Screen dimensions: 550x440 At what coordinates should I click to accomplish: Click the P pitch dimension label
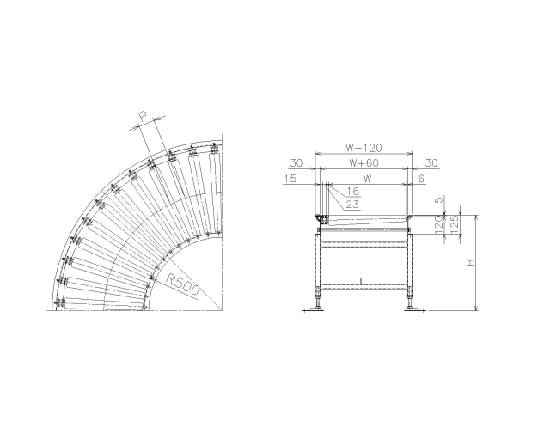click(x=143, y=116)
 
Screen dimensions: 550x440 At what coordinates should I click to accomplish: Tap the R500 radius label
click(x=182, y=284)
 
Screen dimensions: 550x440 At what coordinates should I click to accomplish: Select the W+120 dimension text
click(x=364, y=148)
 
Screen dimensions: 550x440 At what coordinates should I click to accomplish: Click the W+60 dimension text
click(x=364, y=162)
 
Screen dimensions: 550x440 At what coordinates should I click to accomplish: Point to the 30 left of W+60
click(x=296, y=162)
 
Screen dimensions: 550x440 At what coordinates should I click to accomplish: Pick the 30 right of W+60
click(x=431, y=162)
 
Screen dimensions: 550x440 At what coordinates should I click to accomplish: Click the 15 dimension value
click(x=290, y=178)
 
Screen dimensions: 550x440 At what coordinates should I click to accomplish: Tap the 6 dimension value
click(x=422, y=178)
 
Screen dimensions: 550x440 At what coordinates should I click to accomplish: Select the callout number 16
click(x=353, y=191)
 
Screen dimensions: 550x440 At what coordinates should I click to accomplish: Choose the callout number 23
click(x=352, y=205)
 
